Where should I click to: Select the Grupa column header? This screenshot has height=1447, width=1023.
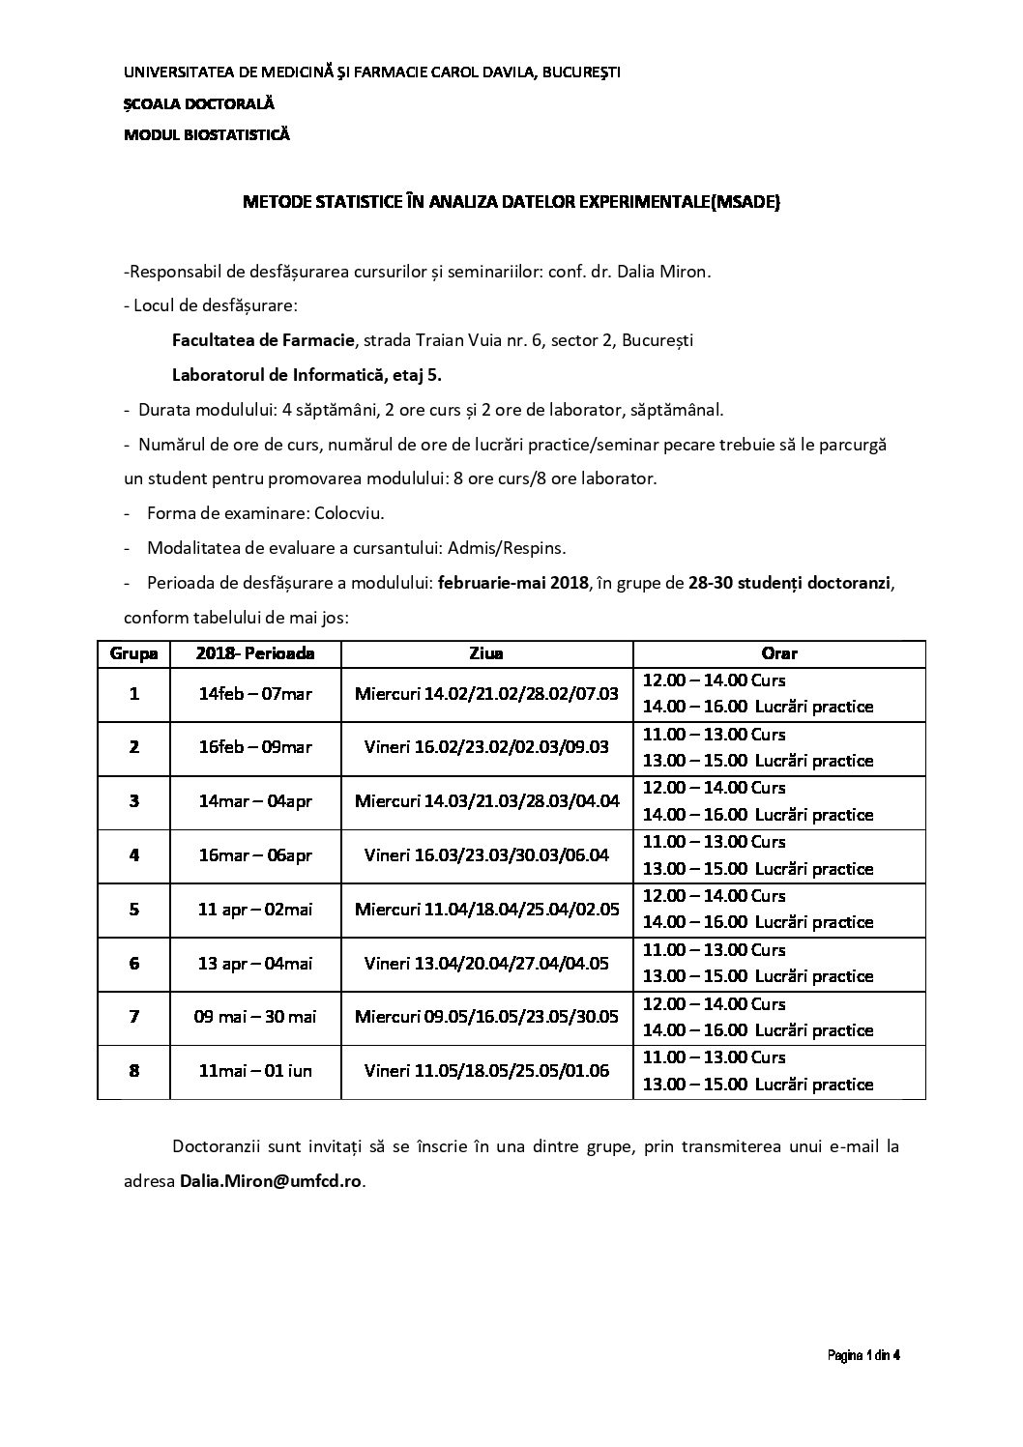(133, 653)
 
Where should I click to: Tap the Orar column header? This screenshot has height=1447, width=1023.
(778, 653)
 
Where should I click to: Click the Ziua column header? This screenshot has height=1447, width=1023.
(486, 653)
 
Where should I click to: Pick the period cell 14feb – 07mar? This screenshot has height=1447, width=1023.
(255, 693)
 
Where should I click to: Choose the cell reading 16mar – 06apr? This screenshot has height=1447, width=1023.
(255, 855)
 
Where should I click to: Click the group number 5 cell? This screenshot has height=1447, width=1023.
(133, 910)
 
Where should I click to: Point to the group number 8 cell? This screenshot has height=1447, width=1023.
(133, 1071)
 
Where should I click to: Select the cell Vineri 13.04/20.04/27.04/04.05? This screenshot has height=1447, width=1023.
(486, 964)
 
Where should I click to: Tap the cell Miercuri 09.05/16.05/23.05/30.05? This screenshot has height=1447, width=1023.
(486, 1017)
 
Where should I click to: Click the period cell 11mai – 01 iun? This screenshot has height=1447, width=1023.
(255, 1071)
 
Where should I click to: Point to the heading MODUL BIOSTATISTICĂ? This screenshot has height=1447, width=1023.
(207, 135)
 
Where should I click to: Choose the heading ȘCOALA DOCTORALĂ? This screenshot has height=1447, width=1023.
(199, 103)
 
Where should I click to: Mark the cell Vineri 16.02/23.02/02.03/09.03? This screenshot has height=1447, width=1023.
(486, 747)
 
